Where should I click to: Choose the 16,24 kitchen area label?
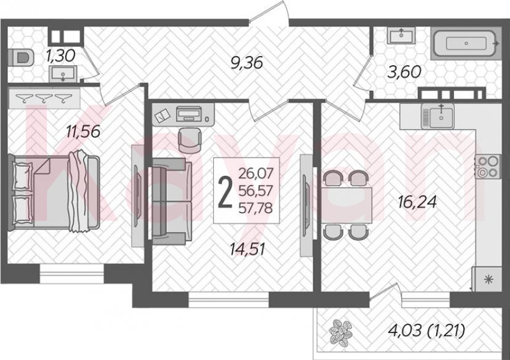416,202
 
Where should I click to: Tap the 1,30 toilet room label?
60,55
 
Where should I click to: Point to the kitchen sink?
440,116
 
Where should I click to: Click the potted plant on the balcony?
341,332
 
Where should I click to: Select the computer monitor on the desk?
189,113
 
